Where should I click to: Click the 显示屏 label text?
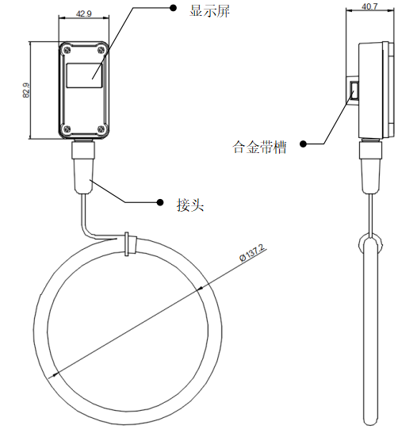pos(210,11)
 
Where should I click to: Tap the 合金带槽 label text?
pos(260,147)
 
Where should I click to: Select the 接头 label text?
pos(190,205)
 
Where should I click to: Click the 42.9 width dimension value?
pos(84,13)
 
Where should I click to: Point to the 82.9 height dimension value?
pos(26,90)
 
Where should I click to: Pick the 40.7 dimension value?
pos(369,6)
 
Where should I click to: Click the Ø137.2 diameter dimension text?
pos(252,253)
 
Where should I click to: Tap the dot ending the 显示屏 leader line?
pos(173,8)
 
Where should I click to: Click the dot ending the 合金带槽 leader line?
pos(304,144)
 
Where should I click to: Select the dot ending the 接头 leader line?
pos(160,202)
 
